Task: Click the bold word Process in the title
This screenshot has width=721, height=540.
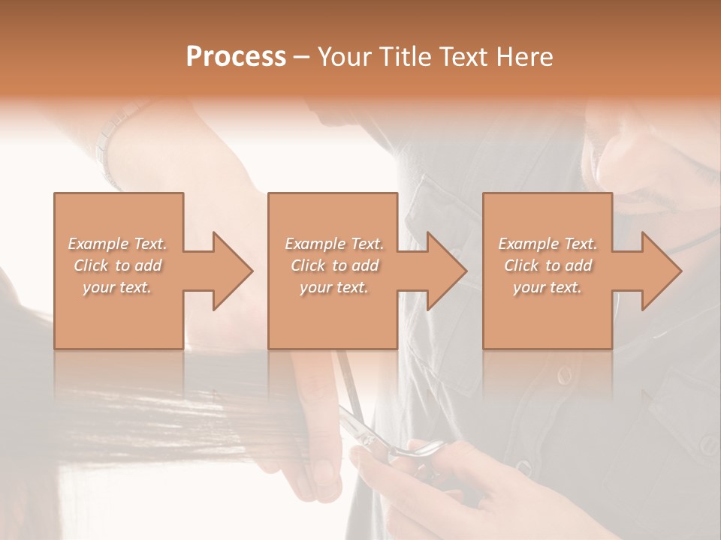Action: [x=236, y=57]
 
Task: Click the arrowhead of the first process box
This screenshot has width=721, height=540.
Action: [x=234, y=271]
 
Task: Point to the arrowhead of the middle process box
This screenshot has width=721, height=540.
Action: [x=448, y=271]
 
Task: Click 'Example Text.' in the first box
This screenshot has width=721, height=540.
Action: [x=117, y=244]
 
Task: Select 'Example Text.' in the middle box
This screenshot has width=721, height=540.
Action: [x=333, y=244]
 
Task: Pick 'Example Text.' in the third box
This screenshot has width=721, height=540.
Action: [x=548, y=244]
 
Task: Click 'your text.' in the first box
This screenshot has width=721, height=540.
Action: [x=117, y=287]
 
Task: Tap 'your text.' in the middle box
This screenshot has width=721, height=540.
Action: [x=333, y=287]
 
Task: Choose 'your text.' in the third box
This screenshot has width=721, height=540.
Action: [x=548, y=287]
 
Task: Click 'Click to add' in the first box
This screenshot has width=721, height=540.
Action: [x=117, y=265]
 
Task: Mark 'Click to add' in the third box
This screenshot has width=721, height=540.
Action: [x=548, y=265]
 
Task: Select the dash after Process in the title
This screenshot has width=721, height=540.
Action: [x=302, y=57]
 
